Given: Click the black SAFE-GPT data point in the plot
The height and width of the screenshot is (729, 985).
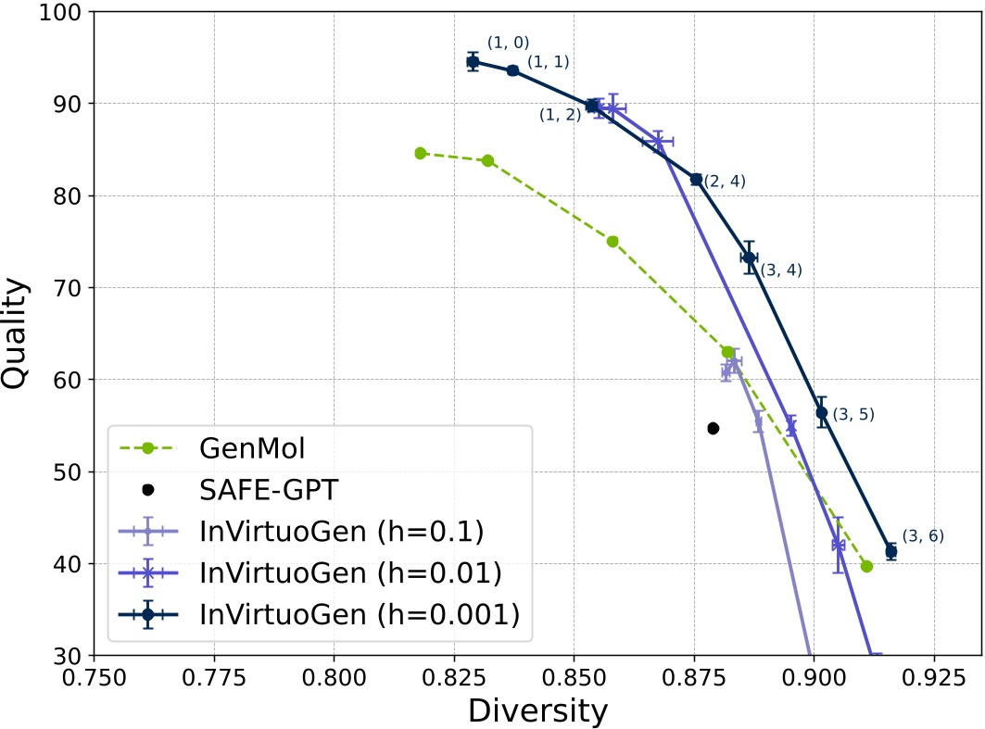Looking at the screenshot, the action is (x=713, y=428).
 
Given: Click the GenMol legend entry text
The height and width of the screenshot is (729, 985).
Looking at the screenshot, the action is (x=252, y=448).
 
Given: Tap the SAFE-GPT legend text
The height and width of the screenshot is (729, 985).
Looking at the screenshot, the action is (x=269, y=490).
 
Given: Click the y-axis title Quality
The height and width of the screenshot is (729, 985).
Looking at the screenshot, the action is (x=15, y=333).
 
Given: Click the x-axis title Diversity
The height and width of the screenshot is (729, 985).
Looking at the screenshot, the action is (x=537, y=710).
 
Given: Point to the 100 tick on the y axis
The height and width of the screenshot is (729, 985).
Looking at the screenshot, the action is (x=59, y=12).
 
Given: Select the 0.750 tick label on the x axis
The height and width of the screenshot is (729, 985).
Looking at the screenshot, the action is (x=95, y=677).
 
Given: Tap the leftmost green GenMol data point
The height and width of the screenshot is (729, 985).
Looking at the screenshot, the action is (x=421, y=153).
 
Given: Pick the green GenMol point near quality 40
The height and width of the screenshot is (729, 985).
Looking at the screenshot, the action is (x=867, y=566).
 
